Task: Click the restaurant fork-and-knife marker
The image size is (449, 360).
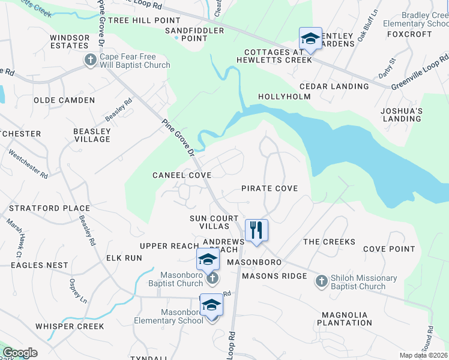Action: pos(256,230)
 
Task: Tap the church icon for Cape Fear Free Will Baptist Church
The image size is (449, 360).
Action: pos(91,60)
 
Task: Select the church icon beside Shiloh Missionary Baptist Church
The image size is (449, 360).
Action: pos(321,280)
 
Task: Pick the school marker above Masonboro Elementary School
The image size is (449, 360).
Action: pos(211,305)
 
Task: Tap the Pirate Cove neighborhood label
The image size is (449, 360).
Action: pos(270,188)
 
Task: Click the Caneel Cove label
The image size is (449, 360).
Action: pos(181,175)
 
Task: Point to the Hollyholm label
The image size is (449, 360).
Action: pos(284,97)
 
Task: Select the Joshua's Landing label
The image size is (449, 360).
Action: pos(402,115)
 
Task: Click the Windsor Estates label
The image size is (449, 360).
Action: pos(70,41)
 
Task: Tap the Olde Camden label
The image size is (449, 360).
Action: pos(64,100)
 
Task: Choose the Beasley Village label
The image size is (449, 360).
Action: pos(92,135)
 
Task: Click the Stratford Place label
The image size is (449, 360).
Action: pos(49,209)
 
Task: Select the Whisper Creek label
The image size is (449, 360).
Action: pos(70,326)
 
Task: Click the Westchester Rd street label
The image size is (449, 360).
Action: pos(28,164)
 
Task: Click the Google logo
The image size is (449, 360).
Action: pos(20,353)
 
